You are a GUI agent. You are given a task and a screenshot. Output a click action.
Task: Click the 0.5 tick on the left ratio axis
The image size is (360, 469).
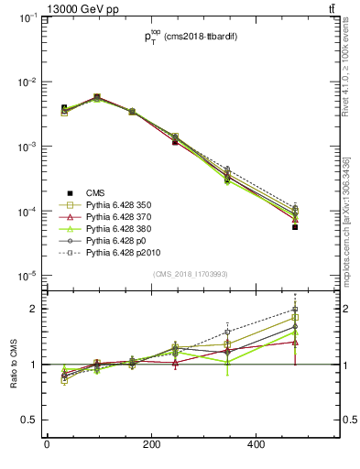coord(29,420)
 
